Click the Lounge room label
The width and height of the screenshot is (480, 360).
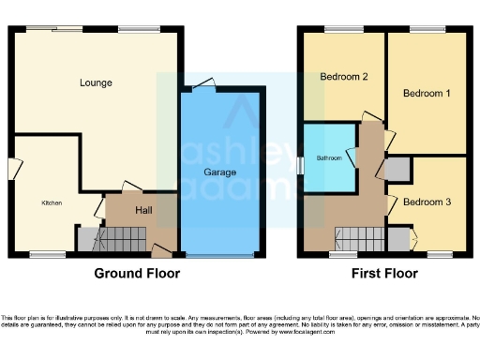96,82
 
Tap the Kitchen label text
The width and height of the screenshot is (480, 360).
51,202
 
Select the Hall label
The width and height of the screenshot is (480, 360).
144,210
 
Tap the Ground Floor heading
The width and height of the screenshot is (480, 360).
137,274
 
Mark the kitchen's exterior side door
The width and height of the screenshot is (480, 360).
13,169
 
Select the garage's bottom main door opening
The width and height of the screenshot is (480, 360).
219,255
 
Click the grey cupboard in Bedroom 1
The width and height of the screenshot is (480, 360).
397,170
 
